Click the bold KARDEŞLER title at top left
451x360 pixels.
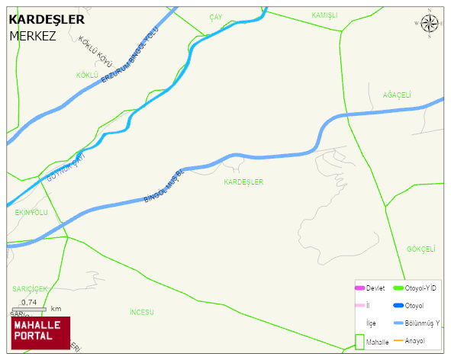point(46,20)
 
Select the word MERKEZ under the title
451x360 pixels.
point(33,36)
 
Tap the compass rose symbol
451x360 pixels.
point(430,25)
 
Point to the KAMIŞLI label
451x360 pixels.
point(324,15)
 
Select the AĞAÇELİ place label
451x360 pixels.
point(397,95)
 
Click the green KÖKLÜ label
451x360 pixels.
point(88,75)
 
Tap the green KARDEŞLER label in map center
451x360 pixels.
point(243,182)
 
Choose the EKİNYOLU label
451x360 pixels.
point(31,212)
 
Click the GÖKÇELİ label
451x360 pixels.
point(420,249)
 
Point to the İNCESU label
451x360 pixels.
point(142,312)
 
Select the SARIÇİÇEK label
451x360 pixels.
point(30,288)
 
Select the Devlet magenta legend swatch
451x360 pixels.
point(359,288)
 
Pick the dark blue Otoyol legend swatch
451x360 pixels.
point(398,306)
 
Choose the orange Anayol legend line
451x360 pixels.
point(398,340)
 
